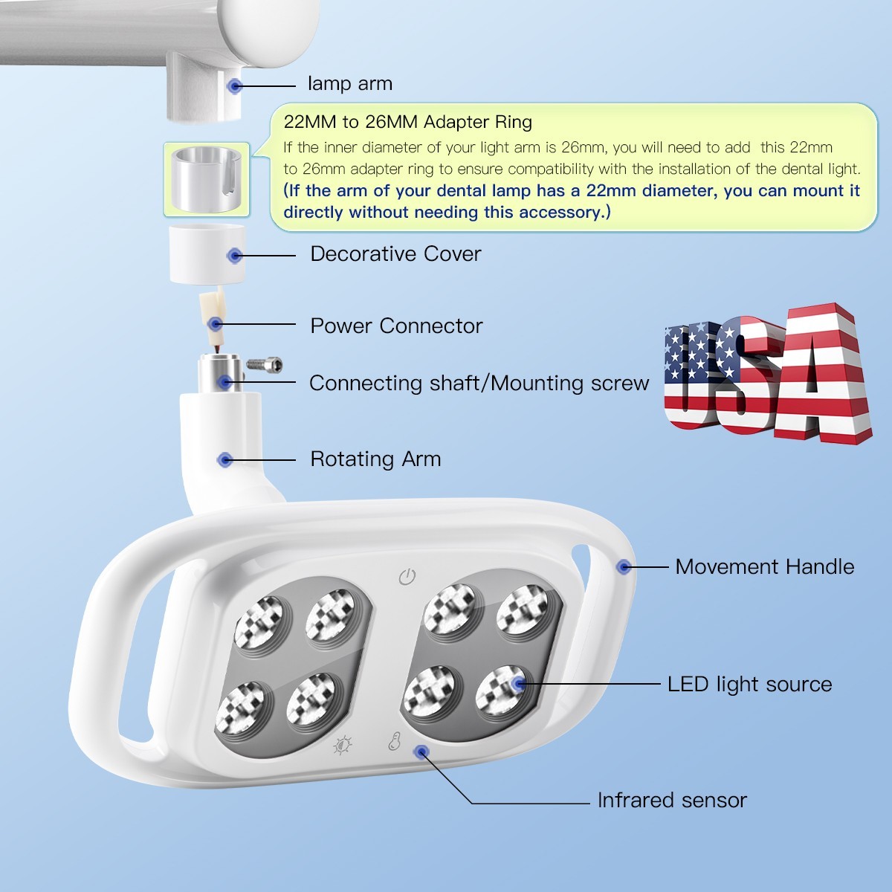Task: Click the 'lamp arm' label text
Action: coord(349,84)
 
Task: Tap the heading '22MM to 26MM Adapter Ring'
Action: coord(407,122)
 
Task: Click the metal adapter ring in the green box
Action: coord(206,179)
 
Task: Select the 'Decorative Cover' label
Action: coord(395,254)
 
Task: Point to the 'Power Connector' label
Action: coord(396,326)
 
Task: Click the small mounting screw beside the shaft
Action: coord(264,364)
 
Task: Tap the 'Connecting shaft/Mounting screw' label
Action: coord(479,383)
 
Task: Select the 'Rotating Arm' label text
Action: coord(375,459)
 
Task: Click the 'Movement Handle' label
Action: coord(764,566)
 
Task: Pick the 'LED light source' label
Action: coord(749,684)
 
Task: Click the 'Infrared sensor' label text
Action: coord(672,801)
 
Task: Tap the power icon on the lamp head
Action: coord(407,577)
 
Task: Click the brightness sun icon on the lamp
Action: coord(343,744)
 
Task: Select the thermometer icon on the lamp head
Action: coord(394,741)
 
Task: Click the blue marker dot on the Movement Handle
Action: coord(624,567)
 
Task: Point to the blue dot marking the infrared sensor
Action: coord(421,752)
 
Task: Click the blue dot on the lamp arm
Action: coord(235,86)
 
